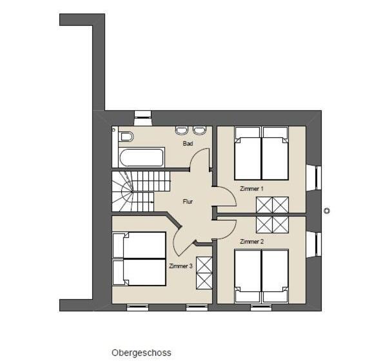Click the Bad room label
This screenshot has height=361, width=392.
[188, 144]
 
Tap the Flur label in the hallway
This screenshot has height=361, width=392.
[188, 202]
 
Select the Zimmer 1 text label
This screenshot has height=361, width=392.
[251, 189]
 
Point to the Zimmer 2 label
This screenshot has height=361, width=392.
[251, 242]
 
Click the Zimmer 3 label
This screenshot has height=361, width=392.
[181, 266]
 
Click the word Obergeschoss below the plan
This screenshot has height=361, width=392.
[141, 353]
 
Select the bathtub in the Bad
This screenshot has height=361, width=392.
[141, 157]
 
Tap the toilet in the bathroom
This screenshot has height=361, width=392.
[127, 137]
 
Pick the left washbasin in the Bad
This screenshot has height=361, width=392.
[182, 130]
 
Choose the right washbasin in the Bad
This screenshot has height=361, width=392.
[199, 130]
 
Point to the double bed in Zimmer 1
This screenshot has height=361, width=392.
[262, 153]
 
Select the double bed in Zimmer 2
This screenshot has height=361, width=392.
[262, 276]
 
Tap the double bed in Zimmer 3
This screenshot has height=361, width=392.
[139, 259]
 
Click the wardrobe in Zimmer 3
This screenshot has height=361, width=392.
[204, 273]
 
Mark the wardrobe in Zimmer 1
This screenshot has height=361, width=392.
[273, 205]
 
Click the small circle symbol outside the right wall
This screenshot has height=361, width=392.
[327, 211]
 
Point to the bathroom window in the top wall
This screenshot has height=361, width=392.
[143, 118]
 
